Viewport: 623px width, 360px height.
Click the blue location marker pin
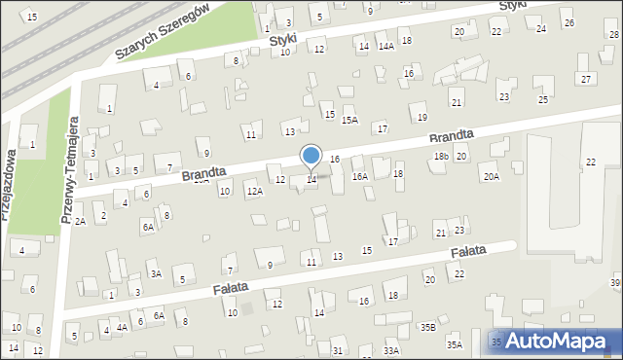click(x=311, y=156)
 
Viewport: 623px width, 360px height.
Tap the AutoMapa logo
click(x=556, y=341)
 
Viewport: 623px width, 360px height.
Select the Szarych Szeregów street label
click(x=162, y=31)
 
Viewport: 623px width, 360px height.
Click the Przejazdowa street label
click(x=11, y=185)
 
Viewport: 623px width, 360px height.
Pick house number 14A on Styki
click(x=385, y=46)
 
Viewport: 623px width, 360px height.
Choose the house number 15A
click(x=349, y=120)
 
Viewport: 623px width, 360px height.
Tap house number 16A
click(x=360, y=176)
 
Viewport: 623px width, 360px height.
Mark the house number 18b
click(x=441, y=157)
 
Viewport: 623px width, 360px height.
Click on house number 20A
click(x=491, y=176)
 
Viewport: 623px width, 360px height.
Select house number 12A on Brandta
click(x=254, y=192)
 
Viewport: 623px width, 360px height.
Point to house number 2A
click(x=81, y=222)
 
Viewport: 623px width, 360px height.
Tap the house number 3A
click(x=155, y=274)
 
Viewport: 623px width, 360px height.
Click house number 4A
click(x=122, y=328)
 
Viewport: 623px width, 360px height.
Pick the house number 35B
click(x=427, y=327)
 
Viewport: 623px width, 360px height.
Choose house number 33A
click(x=391, y=350)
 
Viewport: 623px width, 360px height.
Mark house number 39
click(x=615, y=282)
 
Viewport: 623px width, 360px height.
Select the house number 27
click(x=585, y=78)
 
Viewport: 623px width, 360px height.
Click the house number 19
click(x=421, y=117)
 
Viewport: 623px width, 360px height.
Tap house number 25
click(x=543, y=99)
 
